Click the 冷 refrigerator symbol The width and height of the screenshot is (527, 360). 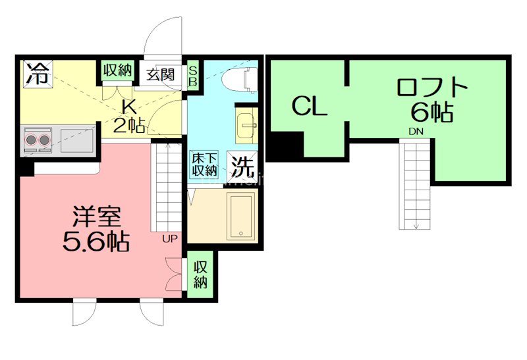pos(38,72)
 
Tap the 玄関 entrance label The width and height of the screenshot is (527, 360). pos(159,73)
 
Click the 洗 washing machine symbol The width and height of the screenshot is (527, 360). pos(242,166)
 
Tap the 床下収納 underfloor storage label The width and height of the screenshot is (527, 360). pos(204,164)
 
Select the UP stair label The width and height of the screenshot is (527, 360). pos(169,238)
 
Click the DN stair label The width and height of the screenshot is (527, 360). pos(416,132)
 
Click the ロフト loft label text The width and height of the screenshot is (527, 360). pos(432,88)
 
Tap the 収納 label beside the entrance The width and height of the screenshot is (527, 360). pos(117,70)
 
